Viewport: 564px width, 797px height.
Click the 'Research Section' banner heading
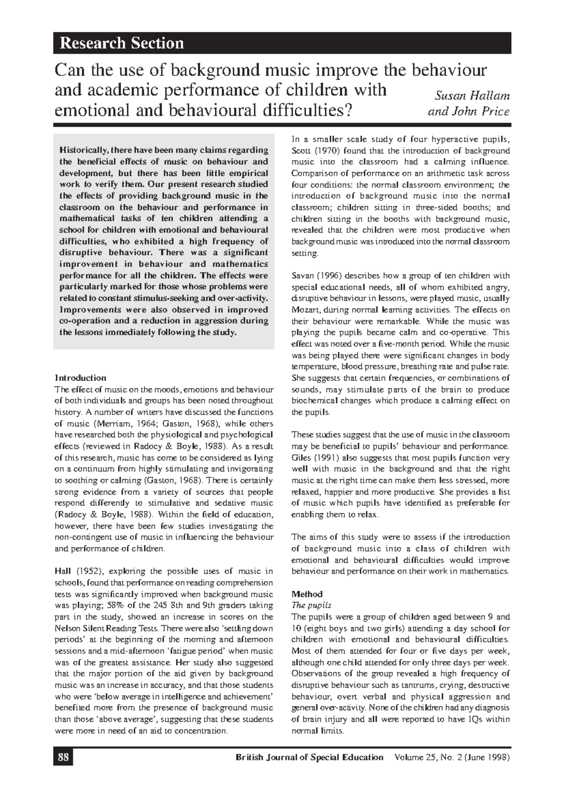121,43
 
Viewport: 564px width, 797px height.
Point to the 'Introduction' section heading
80,378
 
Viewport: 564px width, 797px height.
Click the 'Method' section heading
307,594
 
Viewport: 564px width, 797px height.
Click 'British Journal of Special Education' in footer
309,757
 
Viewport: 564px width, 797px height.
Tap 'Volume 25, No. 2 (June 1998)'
452,757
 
